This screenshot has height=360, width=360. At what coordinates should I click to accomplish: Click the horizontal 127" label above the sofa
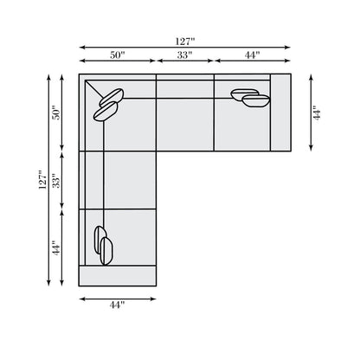(185, 42)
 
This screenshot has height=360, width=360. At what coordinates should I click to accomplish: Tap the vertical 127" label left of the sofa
(42, 180)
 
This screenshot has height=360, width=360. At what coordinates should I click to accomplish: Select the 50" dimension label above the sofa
(118, 55)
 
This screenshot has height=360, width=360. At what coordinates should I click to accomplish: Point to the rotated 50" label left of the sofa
(57, 112)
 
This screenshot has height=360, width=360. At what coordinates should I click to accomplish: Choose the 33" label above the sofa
(184, 55)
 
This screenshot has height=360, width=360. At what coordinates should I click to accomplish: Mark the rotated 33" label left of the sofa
(57, 181)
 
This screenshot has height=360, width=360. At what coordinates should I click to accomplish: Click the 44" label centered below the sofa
(117, 305)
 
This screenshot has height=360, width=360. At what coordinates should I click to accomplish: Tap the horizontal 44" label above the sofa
(252, 55)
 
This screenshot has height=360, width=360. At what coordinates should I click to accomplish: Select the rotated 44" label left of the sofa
(57, 247)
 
